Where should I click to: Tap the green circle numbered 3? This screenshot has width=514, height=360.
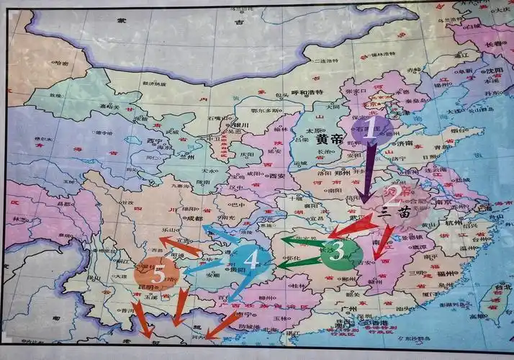[341, 252]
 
